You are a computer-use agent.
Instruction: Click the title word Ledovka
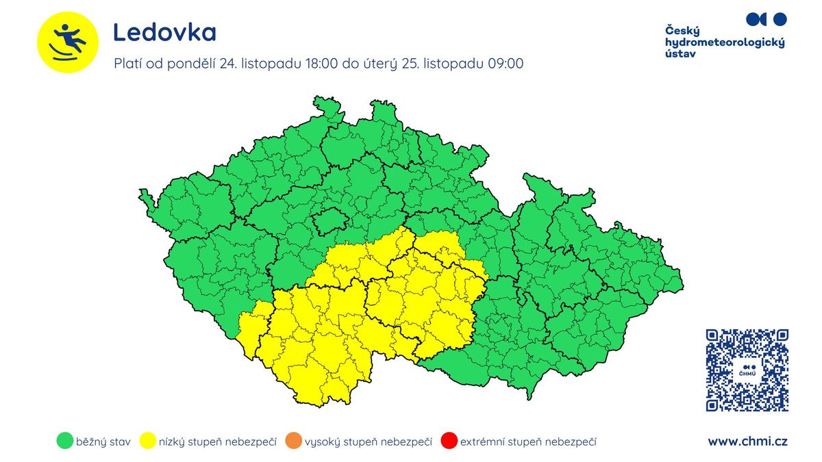point(164,32)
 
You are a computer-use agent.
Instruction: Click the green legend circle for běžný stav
point(64,441)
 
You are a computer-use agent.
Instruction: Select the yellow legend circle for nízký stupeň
point(147,441)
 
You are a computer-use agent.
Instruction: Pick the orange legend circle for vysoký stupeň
point(292,441)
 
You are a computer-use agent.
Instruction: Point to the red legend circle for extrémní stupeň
point(449,441)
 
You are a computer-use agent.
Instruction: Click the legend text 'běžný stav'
point(103,442)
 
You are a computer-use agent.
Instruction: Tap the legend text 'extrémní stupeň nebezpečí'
point(528,442)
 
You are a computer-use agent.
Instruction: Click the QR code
point(747,370)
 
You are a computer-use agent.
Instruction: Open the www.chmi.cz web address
point(747,441)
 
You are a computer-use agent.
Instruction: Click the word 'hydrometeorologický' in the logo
point(725,42)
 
